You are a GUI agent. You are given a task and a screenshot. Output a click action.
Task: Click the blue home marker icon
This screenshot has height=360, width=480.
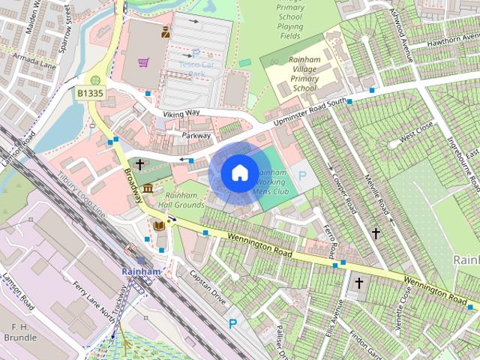tap(238, 172)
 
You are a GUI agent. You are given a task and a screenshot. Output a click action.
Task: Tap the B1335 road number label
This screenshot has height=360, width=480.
tap(90, 94)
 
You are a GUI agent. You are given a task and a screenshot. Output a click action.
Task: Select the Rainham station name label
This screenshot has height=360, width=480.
tap(141, 271)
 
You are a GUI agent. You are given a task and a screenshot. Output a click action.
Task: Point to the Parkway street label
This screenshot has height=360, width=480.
tap(196, 136)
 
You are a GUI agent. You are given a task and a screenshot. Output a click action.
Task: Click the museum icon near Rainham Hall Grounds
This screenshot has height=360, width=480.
tap(148, 187)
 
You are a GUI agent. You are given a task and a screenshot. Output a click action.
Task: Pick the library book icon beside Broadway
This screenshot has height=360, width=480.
tap(159, 224)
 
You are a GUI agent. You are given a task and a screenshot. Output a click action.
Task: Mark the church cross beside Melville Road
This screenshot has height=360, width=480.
tap(376, 233)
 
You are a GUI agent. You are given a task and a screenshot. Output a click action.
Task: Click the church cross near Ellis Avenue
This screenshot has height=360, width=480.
tap(358, 283)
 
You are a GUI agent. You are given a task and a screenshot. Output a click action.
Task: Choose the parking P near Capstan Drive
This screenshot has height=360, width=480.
tap(232, 324)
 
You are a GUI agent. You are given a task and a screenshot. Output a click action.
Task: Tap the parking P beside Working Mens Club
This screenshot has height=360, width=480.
tap(302, 175)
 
